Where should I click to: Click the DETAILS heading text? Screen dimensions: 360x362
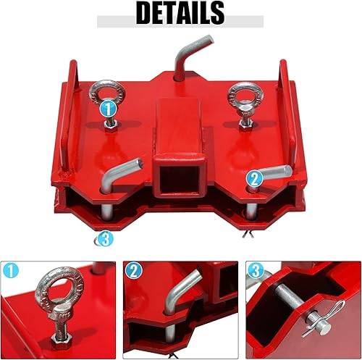click(x=180, y=12)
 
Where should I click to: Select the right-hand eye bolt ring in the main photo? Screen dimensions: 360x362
click(x=240, y=95)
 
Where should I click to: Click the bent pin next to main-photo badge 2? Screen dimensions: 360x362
click(x=274, y=174)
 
